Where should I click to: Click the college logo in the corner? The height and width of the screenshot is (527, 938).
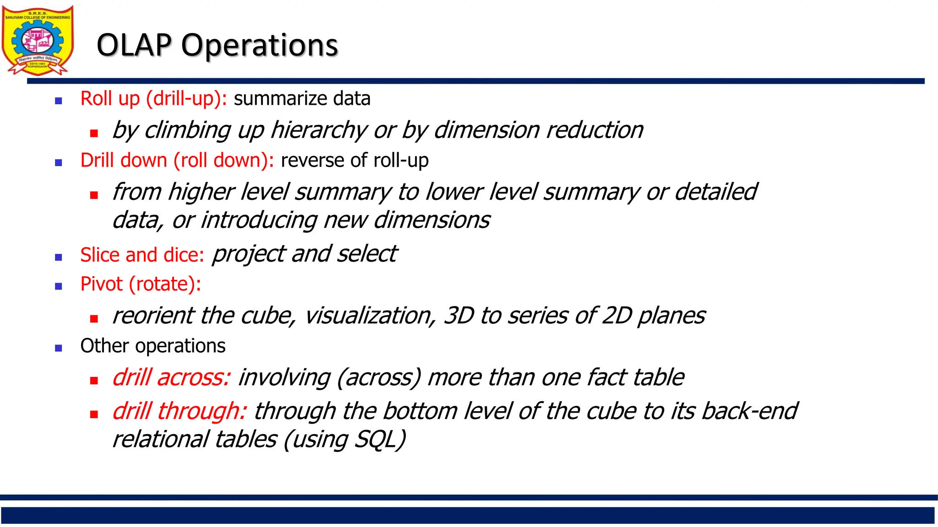click(38, 40)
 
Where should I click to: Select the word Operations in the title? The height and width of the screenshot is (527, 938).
click(259, 45)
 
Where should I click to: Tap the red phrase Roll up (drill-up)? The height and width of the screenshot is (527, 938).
click(153, 99)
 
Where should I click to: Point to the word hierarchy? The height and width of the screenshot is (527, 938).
click(318, 130)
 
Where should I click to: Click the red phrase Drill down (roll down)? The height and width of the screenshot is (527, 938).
click(177, 161)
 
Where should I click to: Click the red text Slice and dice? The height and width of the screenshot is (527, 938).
click(142, 255)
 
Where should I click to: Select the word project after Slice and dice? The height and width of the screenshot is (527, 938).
click(249, 254)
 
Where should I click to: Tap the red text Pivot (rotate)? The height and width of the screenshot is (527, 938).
click(141, 284)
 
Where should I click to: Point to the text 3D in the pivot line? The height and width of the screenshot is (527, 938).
click(458, 316)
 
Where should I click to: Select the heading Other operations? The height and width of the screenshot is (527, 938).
click(153, 346)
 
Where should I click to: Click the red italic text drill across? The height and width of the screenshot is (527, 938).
click(171, 378)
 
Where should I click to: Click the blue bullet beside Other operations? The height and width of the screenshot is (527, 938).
click(58, 348)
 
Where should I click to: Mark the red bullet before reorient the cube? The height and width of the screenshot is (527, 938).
click(94, 319)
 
